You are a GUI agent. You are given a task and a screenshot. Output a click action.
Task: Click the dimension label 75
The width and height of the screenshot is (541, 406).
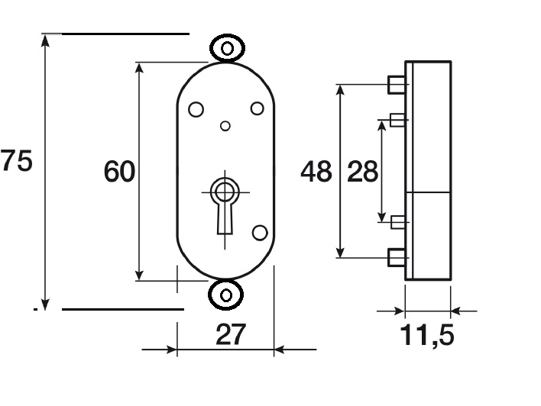coord(16,160)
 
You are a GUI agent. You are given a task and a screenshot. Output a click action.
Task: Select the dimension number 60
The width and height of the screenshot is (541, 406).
coord(119,171)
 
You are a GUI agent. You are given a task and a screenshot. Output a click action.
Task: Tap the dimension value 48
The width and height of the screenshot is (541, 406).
coord(316,171)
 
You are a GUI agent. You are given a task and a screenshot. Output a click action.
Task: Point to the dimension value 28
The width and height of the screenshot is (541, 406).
coord(362,171)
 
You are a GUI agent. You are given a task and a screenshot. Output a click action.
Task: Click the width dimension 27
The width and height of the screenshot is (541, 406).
coord(231,334)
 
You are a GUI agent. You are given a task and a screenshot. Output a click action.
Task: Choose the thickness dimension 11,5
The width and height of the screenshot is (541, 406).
coord(427,335)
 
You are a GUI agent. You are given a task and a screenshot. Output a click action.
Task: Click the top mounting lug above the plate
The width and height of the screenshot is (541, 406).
coord(227,48)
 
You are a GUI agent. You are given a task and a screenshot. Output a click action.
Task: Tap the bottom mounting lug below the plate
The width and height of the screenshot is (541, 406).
coord(226,295)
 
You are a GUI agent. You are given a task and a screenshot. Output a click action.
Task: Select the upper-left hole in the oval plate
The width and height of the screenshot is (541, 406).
coord(196,110)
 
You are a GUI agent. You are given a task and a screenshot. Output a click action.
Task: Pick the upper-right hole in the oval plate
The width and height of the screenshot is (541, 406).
coord(257,108)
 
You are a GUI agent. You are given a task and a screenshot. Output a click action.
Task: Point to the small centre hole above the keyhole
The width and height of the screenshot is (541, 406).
coord(225,126)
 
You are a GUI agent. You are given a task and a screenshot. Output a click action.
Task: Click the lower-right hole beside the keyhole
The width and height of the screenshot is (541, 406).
coord(260,233)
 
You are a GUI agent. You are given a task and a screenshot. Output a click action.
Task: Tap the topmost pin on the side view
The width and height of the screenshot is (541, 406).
coord(397,85)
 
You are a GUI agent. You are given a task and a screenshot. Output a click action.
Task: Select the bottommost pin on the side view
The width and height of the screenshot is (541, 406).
coord(397,257)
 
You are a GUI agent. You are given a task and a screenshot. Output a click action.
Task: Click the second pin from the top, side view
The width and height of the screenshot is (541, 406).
coord(397,120)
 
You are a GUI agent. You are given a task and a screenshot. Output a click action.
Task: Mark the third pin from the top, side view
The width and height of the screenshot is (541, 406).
coord(398,222)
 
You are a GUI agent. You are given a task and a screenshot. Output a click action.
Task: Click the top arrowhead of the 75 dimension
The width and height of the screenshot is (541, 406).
coord(45,40)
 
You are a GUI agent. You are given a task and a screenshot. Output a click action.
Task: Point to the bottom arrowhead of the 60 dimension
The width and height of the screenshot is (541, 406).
coord(139,275)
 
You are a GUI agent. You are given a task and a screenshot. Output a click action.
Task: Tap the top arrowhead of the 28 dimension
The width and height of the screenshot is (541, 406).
coord(381,127)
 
